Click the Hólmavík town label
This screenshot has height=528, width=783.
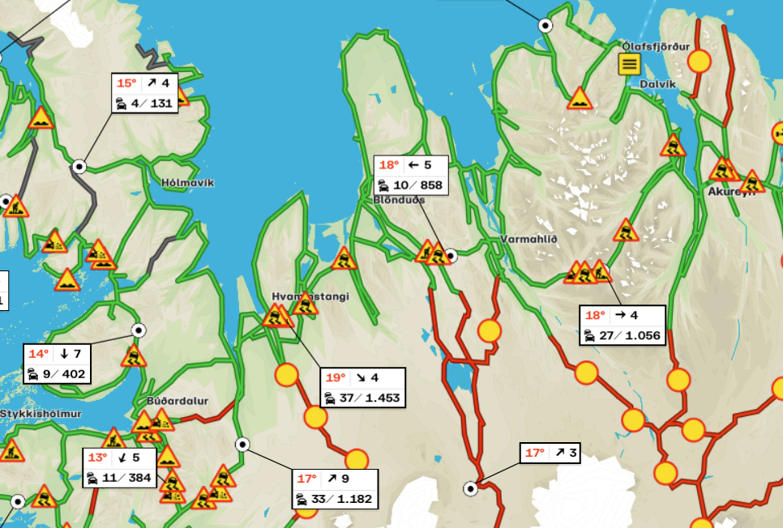tap(187, 183)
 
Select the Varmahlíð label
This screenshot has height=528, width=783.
tap(527, 240)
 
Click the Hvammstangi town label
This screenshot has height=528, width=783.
tap(311, 296)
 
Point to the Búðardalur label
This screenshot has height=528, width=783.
tap(178, 401)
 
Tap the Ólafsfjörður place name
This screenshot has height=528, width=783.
tap(656, 46)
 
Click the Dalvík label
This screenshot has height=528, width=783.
tap(657, 83)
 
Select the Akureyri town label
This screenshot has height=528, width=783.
tap(731, 192)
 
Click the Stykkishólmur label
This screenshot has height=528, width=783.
tap(30, 414)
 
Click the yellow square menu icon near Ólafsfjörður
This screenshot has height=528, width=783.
tap(630, 64)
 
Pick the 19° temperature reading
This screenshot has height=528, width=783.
tap(336, 378)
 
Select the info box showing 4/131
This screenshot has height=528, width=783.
tap(145, 93)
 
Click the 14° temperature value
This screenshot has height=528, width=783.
tap(39, 354)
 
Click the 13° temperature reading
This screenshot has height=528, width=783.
tap(98, 458)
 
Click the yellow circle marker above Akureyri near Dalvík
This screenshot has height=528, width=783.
tap(699, 62)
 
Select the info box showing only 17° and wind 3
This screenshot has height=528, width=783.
tap(550, 453)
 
